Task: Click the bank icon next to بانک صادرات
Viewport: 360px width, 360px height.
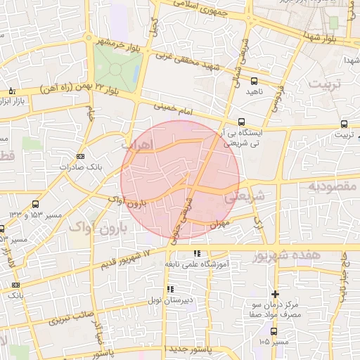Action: click(x=81, y=156)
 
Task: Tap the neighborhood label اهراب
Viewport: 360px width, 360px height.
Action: click(x=136, y=143)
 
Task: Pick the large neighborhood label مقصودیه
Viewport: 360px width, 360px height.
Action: click(x=333, y=186)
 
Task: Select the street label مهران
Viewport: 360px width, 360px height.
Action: click(x=219, y=223)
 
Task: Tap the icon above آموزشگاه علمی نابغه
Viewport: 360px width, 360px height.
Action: click(x=197, y=253)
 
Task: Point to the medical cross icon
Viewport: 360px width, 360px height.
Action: click(x=275, y=294)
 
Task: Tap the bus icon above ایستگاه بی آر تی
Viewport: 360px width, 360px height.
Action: click(x=242, y=121)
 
